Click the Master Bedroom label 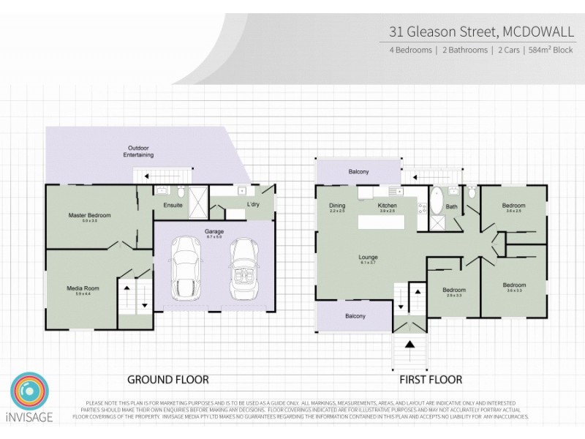point(89,215)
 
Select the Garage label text point(214,231)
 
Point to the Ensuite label point(173,205)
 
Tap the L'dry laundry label point(254,204)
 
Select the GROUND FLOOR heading point(168,380)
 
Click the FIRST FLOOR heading point(430,380)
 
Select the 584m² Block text point(551,50)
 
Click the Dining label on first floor point(337,206)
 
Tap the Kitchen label point(387,206)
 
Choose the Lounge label point(368,258)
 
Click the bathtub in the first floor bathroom point(435,199)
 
